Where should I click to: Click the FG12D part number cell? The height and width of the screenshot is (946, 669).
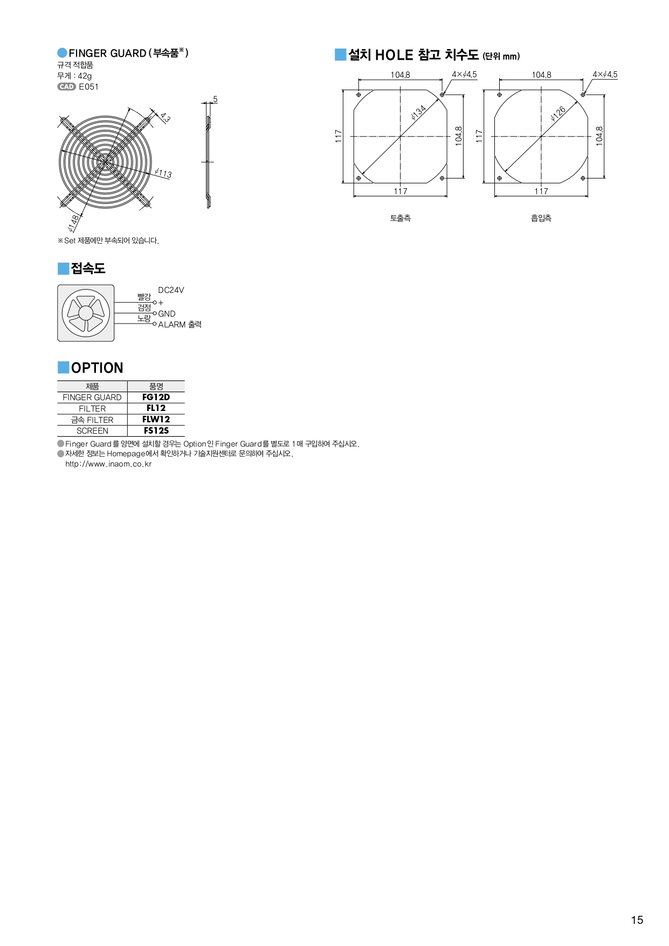coord(156,397)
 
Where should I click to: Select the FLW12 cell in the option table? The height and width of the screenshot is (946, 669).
coord(156,420)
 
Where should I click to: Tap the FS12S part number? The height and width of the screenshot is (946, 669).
coord(156,431)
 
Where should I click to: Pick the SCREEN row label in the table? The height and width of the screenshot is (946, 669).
coord(92,431)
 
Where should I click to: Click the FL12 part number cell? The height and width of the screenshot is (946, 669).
coord(156,408)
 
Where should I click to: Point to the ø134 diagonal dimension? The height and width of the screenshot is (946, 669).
coord(418,112)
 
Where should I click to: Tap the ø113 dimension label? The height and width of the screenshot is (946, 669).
coord(163,173)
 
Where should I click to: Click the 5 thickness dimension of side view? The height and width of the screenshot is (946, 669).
coord(215,99)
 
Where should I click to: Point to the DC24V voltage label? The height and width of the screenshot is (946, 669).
coord(171,290)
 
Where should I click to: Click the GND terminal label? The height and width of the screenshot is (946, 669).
coord(167,314)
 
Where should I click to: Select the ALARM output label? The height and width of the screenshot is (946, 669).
coord(180,325)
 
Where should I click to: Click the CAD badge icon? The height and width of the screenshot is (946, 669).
coord(66,87)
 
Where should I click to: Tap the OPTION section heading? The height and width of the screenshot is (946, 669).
coord(97,368)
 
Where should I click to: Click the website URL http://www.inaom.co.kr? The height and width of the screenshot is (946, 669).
coord(108,464)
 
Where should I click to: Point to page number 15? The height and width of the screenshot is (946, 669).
coord(637,920)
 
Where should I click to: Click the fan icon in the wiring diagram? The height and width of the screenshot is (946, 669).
coord(86,313)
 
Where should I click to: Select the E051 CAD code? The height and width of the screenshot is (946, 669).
coord(89,87)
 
